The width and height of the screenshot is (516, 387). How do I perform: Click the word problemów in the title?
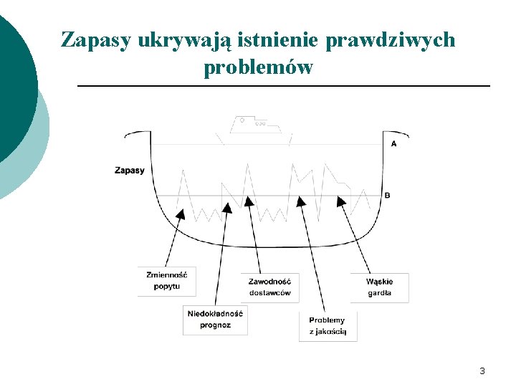pos(258,68)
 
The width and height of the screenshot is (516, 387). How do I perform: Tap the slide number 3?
pos(482,371)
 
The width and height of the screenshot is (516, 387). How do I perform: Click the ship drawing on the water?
pos(254,126)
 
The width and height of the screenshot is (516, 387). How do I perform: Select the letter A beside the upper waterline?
pos(394,144)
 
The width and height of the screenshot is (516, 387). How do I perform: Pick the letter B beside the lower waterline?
pos(388,196)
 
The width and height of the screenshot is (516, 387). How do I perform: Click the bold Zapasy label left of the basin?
pos(129,171)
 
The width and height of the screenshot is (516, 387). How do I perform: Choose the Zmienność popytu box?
pos(167,281)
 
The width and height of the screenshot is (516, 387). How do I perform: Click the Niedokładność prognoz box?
pos(215,320)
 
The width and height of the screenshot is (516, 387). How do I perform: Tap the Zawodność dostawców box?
pos(270,287)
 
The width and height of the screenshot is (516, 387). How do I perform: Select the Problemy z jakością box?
pos(328,325)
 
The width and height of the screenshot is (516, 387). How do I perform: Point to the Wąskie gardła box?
pos(379,287)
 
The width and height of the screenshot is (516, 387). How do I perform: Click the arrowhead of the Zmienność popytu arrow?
pos(181,213)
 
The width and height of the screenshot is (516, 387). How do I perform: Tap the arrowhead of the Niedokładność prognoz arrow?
pos(228,207)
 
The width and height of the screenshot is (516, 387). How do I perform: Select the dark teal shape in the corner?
pos(13,86)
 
